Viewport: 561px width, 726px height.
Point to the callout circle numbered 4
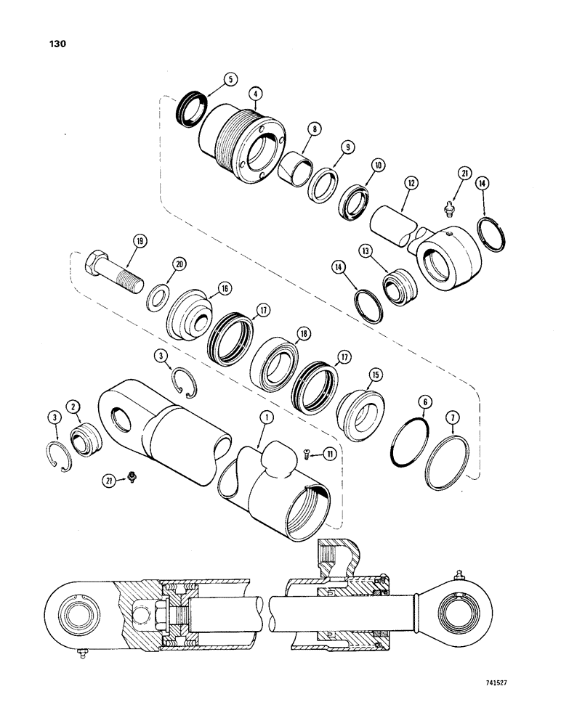click(x=254, y=93)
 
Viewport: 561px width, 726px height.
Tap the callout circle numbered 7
click(x=454, y=419)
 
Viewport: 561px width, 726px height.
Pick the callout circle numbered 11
click(x=331, y=454)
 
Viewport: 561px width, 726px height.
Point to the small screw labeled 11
click(x=307, y=455)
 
